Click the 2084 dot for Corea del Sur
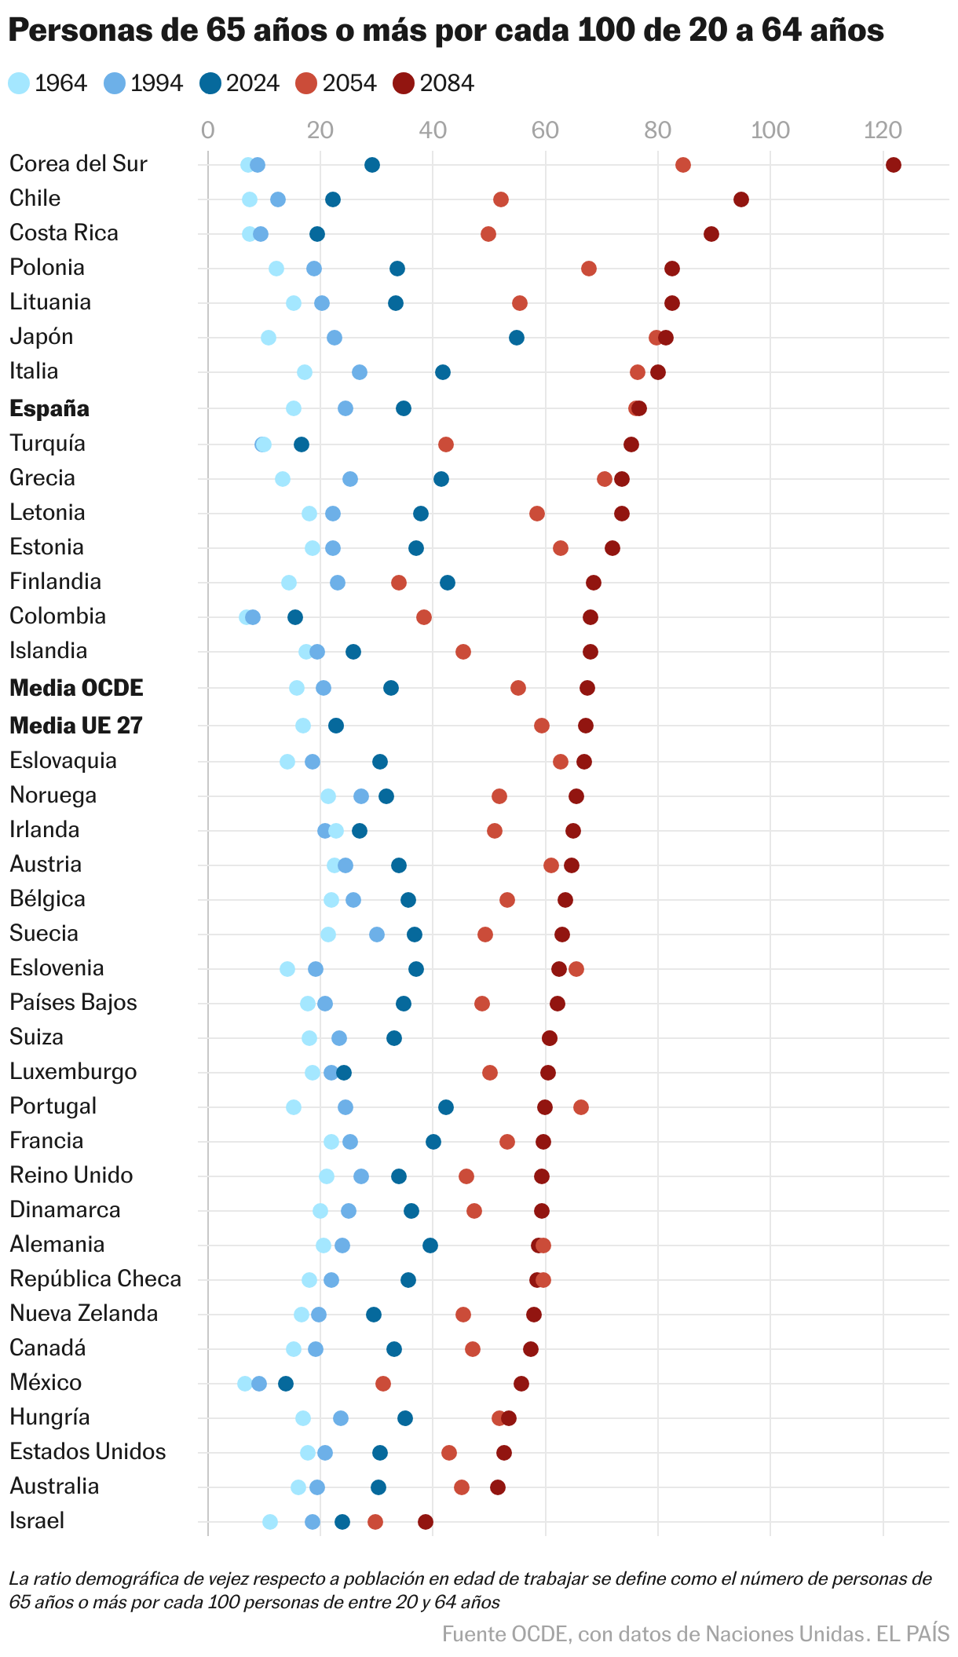pos(893,165)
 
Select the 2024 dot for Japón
pos(516,338)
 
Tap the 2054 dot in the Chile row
pos(500,199)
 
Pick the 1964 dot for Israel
pos(269,1522)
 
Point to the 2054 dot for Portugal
pos(580,1107)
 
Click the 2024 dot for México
pos(286,1384)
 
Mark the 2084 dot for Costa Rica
pos(711,234)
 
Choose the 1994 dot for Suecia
pos(376,935)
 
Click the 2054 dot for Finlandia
pos(398,583)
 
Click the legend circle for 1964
pos(19,83)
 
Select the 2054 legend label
pos(349,83)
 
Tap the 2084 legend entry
pos(435,83)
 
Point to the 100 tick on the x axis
pos(770,130)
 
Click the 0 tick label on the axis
pos(207,130)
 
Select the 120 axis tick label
pos(883,130)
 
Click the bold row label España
pos(49,408)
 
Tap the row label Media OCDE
pos(76,688)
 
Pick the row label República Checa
pos(95,1278)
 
